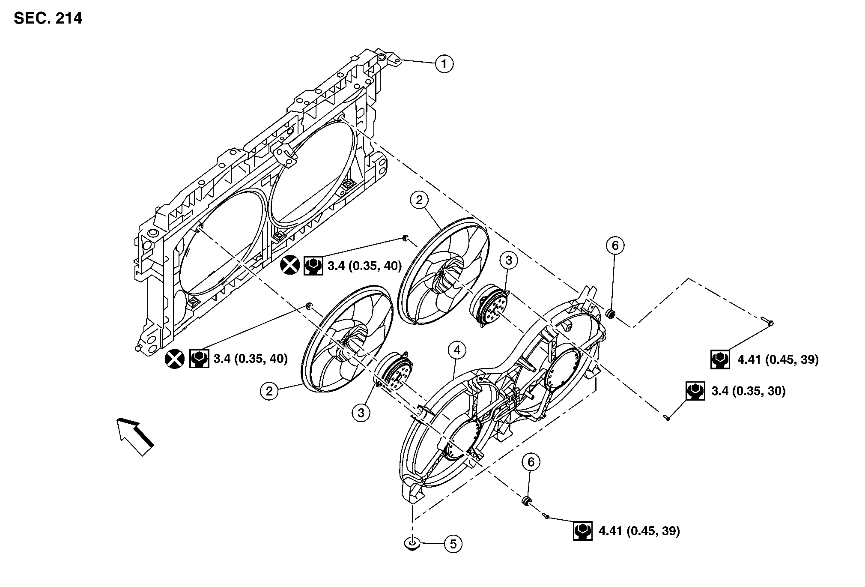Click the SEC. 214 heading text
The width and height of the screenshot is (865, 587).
48,18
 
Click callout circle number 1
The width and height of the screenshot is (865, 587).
444,64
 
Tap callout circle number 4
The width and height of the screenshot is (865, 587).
457,350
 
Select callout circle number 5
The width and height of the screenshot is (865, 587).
453,544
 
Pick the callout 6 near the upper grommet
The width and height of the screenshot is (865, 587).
615,246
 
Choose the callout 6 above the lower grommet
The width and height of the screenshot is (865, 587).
531,462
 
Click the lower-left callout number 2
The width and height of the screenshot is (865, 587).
269,391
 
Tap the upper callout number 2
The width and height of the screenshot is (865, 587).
419,200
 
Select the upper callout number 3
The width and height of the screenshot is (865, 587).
509,260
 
